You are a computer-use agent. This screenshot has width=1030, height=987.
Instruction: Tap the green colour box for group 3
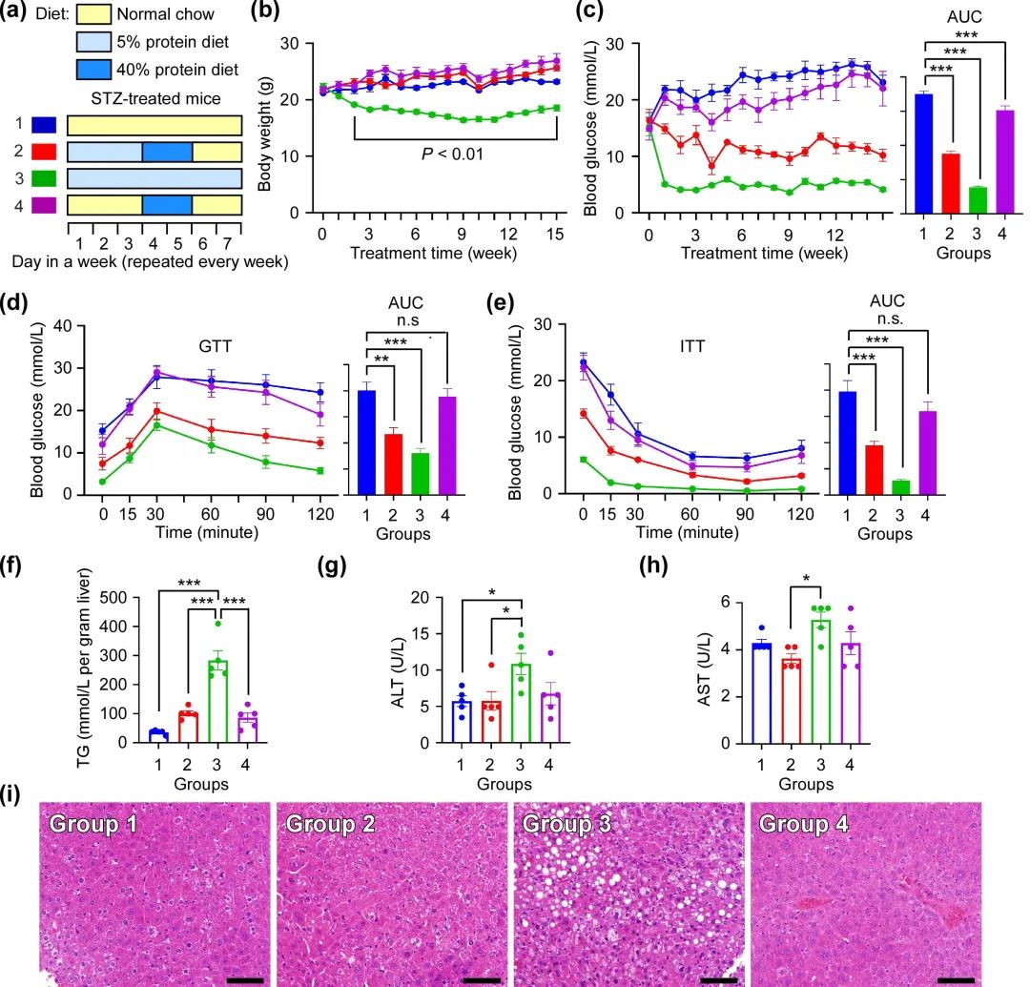43,177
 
